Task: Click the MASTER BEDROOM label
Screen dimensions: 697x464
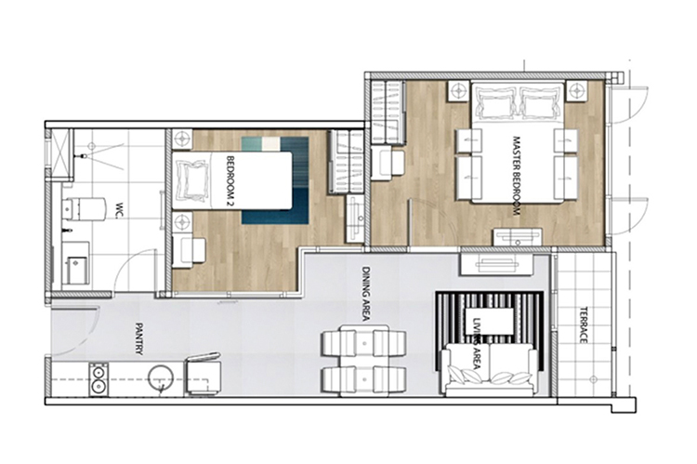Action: [516, 176]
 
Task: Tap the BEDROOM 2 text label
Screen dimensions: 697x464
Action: [230, 181]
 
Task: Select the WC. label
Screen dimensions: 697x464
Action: [119, 210]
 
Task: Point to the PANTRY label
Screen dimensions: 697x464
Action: [139, 339]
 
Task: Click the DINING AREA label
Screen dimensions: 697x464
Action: [366, 294]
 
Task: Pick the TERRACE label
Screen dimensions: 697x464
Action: [584, 325]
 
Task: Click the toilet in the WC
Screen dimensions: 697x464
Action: [82, 208]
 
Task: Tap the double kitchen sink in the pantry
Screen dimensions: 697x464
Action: [99, 379]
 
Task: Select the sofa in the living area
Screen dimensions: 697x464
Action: [489, 369]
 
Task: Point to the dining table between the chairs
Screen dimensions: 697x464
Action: [364, 361]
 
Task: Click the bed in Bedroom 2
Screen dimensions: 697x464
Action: [232, 181]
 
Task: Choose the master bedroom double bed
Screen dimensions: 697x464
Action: [518, 142]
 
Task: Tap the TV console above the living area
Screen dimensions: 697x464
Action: [497, 265]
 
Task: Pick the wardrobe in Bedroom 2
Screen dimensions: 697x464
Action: [347, 162]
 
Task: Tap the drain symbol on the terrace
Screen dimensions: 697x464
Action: [594, 379]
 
